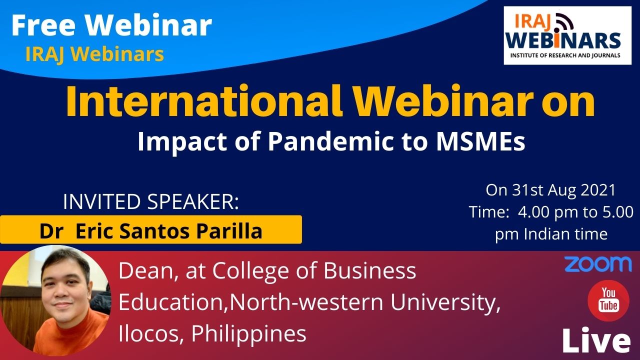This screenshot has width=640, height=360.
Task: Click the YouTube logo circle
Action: coord(608,300)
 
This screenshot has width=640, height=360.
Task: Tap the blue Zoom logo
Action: coord(598,264)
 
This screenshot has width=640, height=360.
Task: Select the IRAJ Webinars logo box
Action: coord(567,35)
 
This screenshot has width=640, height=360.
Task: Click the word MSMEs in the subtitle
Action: coord(480,141)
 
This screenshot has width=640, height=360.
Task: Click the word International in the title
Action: coord(204,101)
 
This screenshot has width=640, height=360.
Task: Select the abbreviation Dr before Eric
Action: coord(51,231)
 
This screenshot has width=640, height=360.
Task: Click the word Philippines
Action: coord(249,334)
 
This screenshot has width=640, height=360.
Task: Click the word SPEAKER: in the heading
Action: coord(193,201)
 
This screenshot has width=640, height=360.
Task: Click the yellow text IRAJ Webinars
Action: coord(95,54)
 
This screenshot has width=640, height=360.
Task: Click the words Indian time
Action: coord(565,234)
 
